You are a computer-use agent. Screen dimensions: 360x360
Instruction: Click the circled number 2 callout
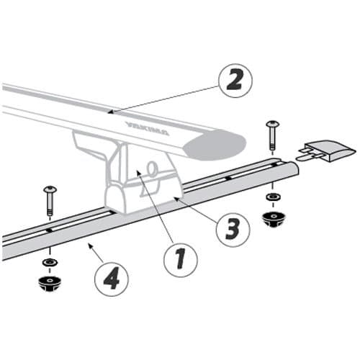click(235, 81)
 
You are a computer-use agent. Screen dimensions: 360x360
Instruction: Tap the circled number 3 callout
click(233, 230)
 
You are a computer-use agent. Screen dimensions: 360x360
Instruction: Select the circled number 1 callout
click(181, 260)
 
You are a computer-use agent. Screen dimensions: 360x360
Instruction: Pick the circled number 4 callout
click(112, 279)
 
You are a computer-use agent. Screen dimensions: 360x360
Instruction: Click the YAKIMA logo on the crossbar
click(148, 128)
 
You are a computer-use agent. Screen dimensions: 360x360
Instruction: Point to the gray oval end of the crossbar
click(215, 145)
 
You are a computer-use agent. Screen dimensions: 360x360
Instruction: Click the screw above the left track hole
click(50, 201)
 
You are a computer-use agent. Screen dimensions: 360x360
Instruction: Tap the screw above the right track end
click(272, 135)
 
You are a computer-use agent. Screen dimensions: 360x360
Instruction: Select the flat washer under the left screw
click(50, 262)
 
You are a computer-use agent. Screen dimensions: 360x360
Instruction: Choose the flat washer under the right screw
click(273, 197)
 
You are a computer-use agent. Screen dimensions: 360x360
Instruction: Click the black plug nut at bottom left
click(50, 284)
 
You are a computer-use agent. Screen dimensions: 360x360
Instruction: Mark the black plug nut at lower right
click(273, 219)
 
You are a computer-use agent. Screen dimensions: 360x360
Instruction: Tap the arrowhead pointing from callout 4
click(90, 246)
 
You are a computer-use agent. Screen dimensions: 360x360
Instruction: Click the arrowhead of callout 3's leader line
click(176, 199)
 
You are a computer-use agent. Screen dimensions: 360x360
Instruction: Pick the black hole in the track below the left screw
click(50, 230)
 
